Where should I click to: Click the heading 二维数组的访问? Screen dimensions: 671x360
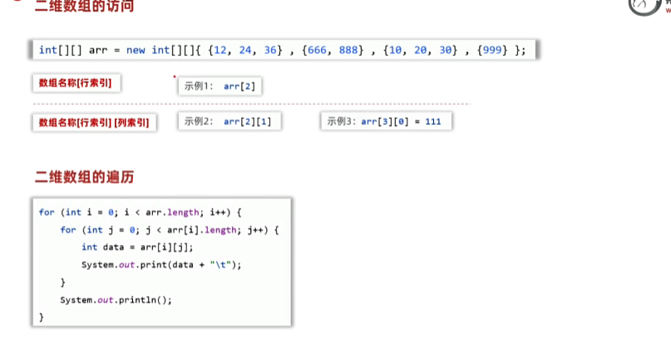(x=84, y=7)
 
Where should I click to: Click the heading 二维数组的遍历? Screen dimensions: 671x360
(x=84, y=176)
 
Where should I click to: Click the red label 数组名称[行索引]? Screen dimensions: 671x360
(x=75, y=83)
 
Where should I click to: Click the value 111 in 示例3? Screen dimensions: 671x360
(x=432, y=121)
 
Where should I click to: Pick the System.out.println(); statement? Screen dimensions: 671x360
(x=116, y=299)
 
